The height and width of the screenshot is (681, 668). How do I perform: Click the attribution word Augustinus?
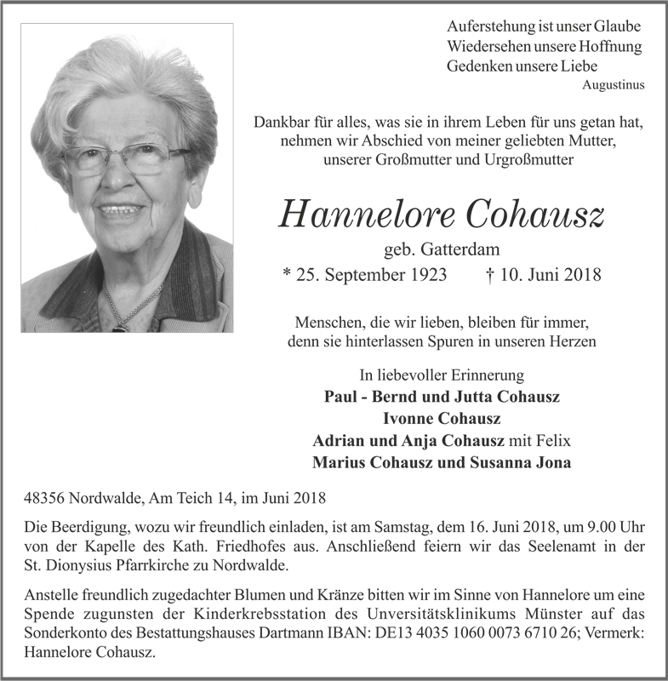tap(613, 85)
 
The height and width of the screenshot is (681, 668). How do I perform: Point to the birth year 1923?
tap(425, 275)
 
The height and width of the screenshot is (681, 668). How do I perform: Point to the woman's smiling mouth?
tap(121, 209)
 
